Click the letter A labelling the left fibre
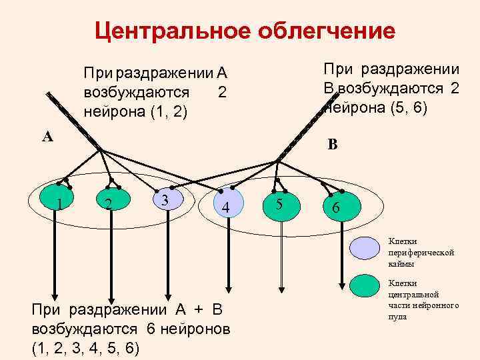pos(47,138)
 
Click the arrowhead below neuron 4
pos(229,288)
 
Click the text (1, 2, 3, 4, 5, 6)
pos(85,347)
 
